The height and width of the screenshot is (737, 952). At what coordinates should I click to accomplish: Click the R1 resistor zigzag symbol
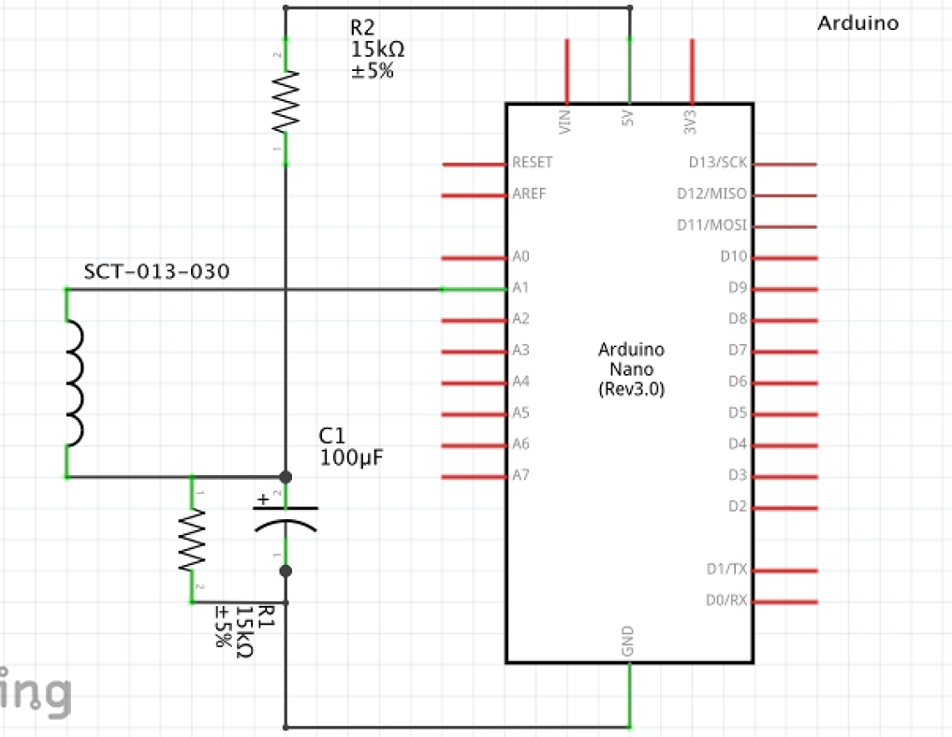point(192,540)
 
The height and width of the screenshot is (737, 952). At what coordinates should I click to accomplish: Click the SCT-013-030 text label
point(157,272)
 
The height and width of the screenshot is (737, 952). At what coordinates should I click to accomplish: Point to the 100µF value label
point(351,457)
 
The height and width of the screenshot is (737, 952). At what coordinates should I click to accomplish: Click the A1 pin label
point(521,288)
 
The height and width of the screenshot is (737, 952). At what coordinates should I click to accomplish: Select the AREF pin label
point(529,194)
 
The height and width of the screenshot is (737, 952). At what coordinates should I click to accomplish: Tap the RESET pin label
point(532,163)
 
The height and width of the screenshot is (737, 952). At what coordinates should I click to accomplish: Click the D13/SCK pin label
point(718,163)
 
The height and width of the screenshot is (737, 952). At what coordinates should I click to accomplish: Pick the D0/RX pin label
point(726,600)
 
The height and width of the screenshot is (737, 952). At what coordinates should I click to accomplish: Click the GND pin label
point(629,641)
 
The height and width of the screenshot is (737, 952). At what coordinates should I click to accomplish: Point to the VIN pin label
point(566,119)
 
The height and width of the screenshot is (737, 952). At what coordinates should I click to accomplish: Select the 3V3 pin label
point(692,119)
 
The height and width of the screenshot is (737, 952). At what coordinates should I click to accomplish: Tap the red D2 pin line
point(784,508)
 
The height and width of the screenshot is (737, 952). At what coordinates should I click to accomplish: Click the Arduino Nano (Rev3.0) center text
point(631,369)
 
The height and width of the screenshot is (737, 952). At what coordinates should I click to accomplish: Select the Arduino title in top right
point(857,23)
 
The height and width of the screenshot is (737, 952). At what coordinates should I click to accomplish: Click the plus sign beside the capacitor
point(263,499)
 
